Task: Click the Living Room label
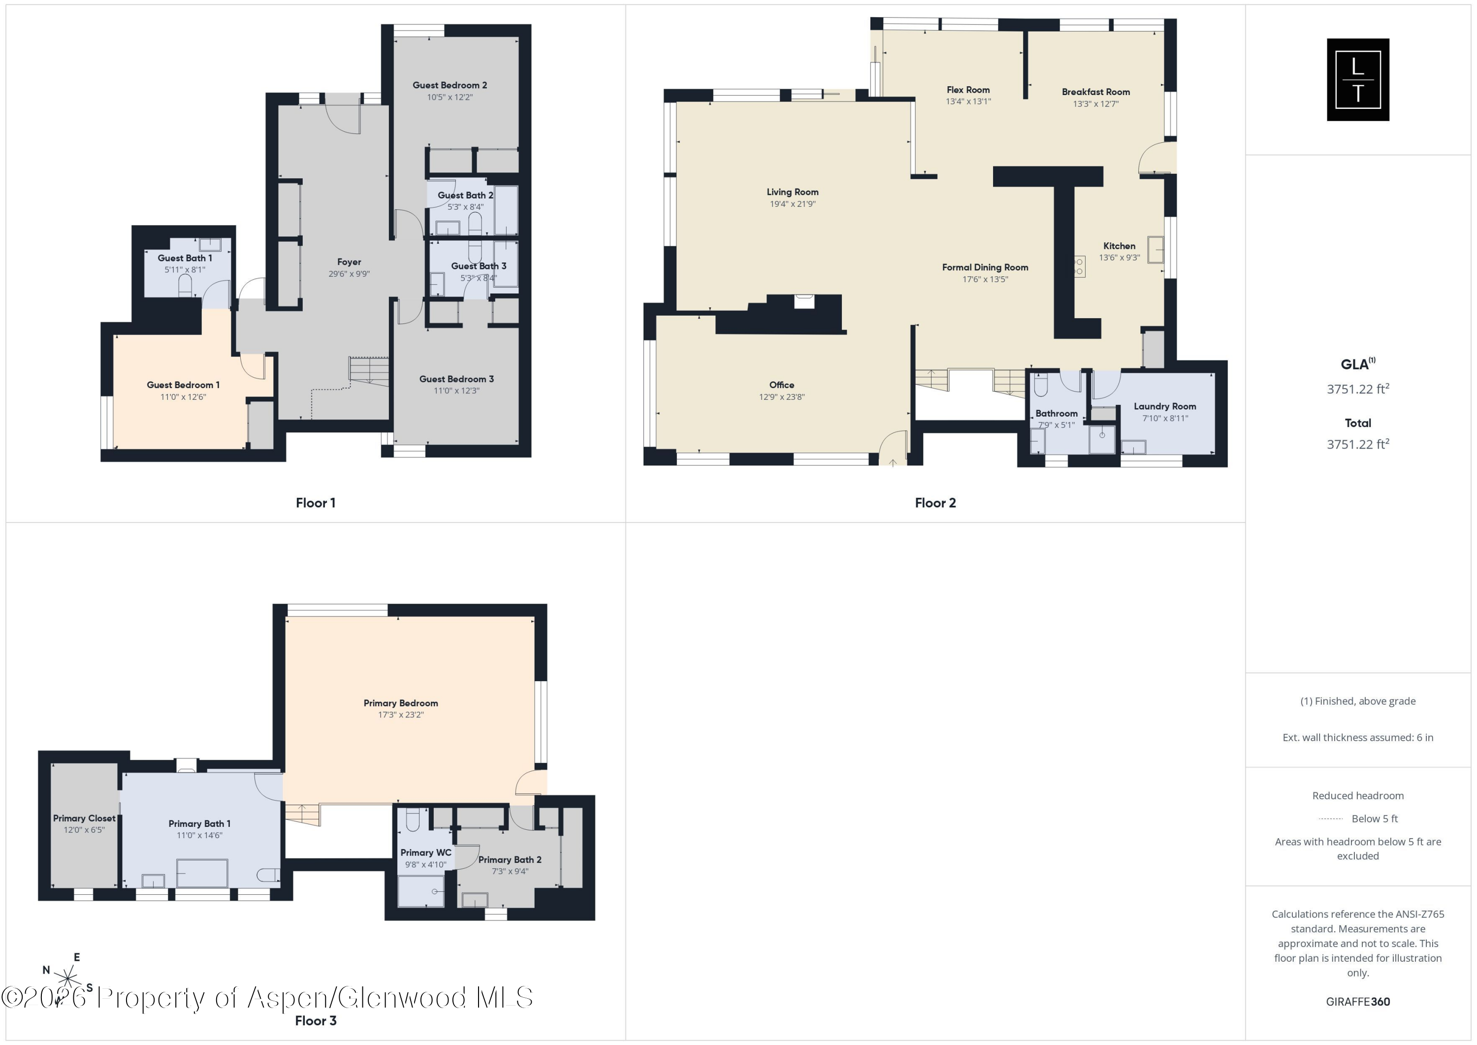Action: click(x=793, y=192)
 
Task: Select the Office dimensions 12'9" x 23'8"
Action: click(x=782, y=397)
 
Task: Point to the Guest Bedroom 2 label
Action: click(x=450, y=85)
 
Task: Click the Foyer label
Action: click(x=349, y=262)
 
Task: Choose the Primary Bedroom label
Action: click(x=401, y=703)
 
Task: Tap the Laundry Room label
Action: click(x=1164, y=406)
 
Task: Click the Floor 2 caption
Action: click(x=935, y=503)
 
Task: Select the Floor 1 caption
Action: click(x=315, y=503)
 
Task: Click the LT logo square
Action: click(x=1357, y=80)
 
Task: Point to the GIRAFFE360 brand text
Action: click(x=1357, y=1001)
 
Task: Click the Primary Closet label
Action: click(x=84, y=818)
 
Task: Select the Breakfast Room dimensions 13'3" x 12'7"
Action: click(x=1095, y=103)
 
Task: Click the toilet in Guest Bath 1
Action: click(x=185, y=286)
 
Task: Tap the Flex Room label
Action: click(x=968, y=90)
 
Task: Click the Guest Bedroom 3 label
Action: click(x=456, y=379)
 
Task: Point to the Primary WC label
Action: click(x=426, y=852)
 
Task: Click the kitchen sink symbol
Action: click(x=1156, y=250)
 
